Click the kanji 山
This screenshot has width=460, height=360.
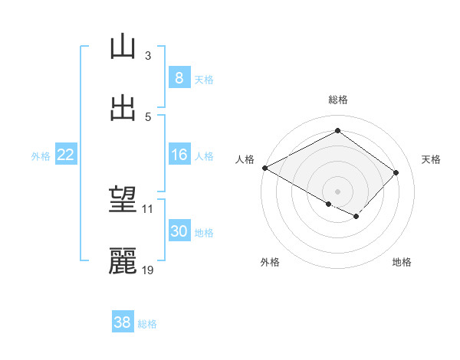click(x=123, y=47)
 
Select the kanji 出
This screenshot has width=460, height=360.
click(x=123, y=108)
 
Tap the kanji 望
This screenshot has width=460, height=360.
click(x=123, y=201)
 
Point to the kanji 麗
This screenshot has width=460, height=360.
click(x=123, y=261)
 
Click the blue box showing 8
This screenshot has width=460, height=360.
click(x=179, y=78)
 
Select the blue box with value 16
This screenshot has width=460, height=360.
click(x=179, y=155)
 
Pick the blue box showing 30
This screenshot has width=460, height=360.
click(x=179, y=231)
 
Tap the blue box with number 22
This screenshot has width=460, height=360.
click(x=66, y=155)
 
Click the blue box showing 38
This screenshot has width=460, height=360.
click(x=123, y=323)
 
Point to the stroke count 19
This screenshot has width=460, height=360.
click(x=148, y=270)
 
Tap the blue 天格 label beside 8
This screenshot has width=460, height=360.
click(x=204, y=79)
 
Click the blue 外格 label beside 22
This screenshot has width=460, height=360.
click(x=41, y=155)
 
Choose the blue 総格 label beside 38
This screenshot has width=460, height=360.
click(x=147, y=324)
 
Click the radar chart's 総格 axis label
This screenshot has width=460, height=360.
click(x=337, y=100)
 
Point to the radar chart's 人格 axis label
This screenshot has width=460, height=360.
click(x=245, y=159)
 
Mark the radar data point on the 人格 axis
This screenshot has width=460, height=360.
click(x=264, y=168)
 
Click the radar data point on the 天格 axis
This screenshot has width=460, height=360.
click(x=396, y=172)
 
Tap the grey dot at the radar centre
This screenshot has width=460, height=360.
click(x=337, y=191)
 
